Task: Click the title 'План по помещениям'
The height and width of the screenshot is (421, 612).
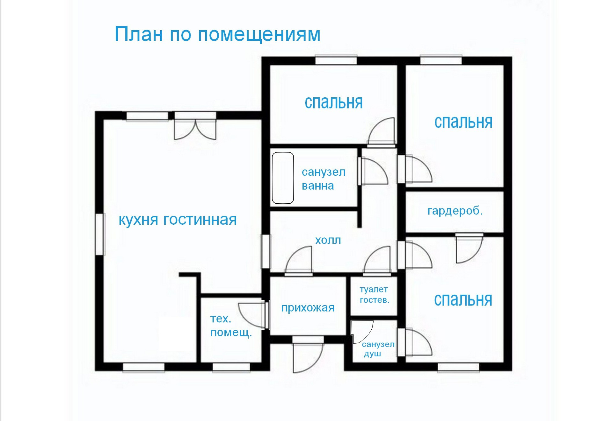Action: pos(217,34)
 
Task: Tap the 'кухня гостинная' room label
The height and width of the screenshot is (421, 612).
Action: pos(178,220)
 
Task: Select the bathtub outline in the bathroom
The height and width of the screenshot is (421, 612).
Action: pos(283,178)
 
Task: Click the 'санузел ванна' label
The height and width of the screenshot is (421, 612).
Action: pos(323,179)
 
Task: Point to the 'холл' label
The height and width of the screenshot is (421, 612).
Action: pos(328,240)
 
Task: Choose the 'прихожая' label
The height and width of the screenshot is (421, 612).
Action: pos(308,308)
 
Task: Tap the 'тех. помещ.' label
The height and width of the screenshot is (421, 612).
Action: pos(231,326)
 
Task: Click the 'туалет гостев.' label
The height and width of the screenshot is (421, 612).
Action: pos(374,295)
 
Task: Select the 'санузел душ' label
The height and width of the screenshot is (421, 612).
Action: pos(378,349)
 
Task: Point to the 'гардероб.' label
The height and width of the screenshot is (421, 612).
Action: pos(455,211)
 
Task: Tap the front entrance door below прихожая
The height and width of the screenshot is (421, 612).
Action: pos(308,356)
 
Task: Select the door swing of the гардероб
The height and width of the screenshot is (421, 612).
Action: pos(468,249)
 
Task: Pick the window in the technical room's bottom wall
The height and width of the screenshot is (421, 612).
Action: pos(231,367)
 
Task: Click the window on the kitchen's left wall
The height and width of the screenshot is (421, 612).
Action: pos(100,234)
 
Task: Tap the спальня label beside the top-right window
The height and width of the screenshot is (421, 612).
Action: pos(463,123)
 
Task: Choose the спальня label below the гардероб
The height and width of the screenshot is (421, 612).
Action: pos(463,300)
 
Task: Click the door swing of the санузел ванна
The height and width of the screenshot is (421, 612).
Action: pos(374,171)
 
